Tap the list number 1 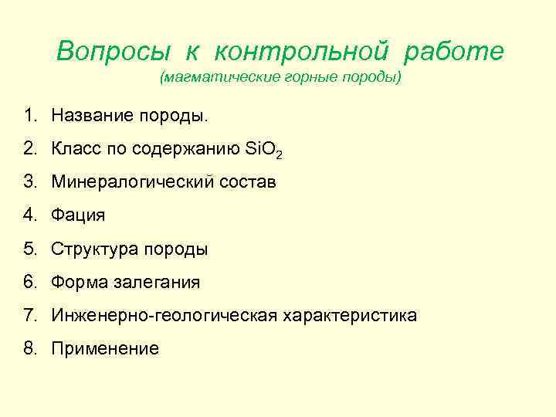29,116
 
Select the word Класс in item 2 76,149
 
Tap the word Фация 78,215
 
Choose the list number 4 29,215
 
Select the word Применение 105,348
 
